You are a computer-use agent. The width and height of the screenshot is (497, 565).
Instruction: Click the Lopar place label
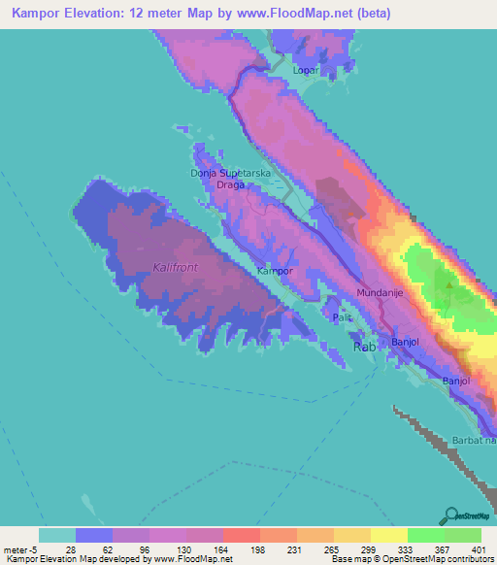click(x=306, y=71)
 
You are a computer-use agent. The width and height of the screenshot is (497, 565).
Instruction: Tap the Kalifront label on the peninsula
click(x=175, y=265)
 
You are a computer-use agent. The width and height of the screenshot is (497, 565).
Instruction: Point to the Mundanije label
click(x=379, y=292)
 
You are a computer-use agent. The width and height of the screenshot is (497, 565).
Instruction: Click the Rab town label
click(x=364, y=347)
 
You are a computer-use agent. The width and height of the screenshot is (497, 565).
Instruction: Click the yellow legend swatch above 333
click(x=388, y=535)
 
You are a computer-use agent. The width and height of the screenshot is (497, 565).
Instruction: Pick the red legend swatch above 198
click(x=241, y=535)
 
